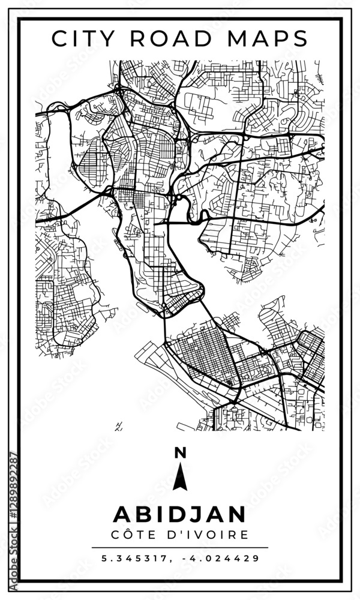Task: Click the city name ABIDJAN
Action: pos(179,514)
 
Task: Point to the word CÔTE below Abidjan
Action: pos(136,534)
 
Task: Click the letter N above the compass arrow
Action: pos(179,454)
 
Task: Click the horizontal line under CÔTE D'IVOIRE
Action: pos(179,547)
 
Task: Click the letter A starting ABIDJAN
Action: pos(122,514)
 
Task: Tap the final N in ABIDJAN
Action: pos(236,514)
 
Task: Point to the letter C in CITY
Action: pos(60,38)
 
